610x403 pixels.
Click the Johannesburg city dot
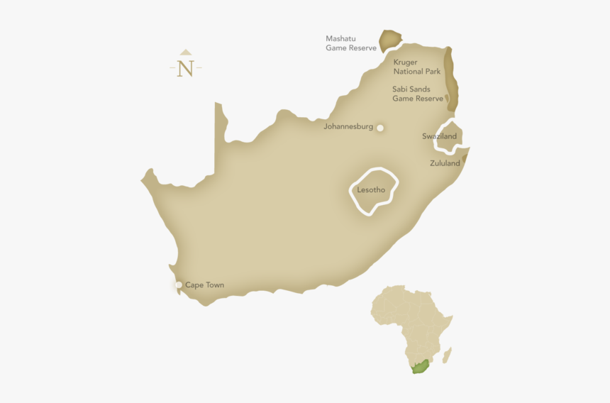coord(380,128)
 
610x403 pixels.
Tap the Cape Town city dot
coord(179,285)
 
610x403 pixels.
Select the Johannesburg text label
coord(348,127)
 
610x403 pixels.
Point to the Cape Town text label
coord(204,285)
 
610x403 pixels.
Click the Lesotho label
coord(371,190)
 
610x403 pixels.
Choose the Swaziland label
coord(440,136)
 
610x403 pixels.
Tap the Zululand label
coord(445,163)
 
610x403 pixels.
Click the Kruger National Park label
coord(417,67)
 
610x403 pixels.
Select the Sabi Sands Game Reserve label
coord(417,94)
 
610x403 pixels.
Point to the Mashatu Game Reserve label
coord(350,43)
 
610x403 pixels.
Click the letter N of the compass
coord(186,69)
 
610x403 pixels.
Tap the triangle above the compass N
coord(186,52)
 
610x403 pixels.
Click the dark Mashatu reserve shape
coord(389,40)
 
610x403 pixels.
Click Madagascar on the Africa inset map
coord(447,354)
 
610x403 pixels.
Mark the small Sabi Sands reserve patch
coord(446,99)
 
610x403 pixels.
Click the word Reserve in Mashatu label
coord(362,48)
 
